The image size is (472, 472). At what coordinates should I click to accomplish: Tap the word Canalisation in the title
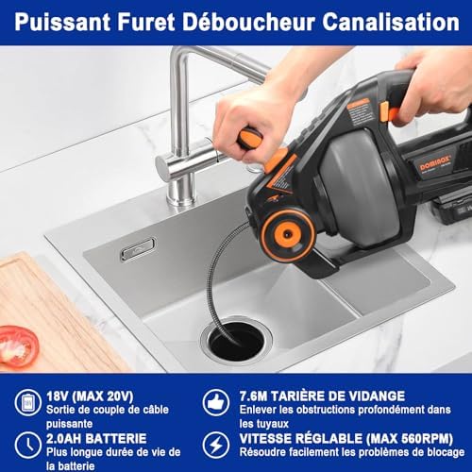point(391,22)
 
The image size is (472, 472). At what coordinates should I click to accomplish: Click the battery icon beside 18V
point(28,402)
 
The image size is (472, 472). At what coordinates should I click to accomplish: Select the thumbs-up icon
point(216,402)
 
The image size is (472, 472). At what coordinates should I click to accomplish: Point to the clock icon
point(28,445)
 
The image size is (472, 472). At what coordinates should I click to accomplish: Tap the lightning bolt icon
point(216,445)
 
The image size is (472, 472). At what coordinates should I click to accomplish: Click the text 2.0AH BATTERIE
point(96,438)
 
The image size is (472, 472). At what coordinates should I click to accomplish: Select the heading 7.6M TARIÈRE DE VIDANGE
point(322,396)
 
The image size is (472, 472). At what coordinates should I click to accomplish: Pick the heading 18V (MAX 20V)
point(90,396)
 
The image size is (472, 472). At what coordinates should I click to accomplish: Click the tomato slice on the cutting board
point(18,346)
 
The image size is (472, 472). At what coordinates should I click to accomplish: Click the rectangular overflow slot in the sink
point(138,249)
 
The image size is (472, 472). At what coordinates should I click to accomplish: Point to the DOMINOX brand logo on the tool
point(435,162)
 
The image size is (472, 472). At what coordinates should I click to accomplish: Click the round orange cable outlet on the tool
point(287,234)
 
